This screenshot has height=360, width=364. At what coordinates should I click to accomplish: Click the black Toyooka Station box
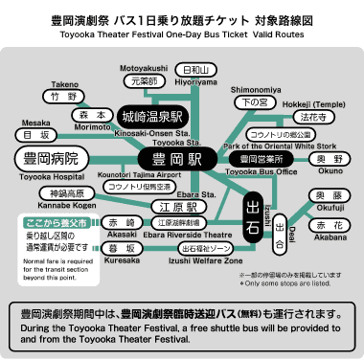pyautogui.click(x=175, y=158)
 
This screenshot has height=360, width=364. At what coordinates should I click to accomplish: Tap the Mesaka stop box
pyautogui.click(x=37, y=135)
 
